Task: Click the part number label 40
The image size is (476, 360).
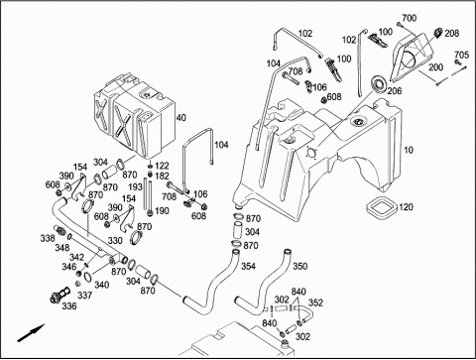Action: (x=181, y=118)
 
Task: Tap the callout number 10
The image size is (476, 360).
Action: (x=409, y=150)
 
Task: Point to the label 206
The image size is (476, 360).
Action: (x=395, y=91)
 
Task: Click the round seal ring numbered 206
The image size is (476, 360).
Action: (x=379, y=85)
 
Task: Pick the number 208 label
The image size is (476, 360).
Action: (x=452, y=33)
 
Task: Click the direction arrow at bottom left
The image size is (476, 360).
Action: (x=31, y=332)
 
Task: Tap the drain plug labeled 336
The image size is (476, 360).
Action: (x=59, y=294)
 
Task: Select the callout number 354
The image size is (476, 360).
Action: (x=248, y=266)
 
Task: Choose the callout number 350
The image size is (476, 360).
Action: (x=299, y=266)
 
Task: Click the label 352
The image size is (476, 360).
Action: (x=315, y=302)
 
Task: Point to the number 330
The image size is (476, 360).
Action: (x=115, y=241)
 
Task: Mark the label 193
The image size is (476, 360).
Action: (x=135, y=187)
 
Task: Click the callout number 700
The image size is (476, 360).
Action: (x=410, y=18)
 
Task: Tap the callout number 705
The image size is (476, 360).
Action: (x=461, y=55)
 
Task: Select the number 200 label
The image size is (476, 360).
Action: (x=436, y=67)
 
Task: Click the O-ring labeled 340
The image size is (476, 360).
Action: (x=88, y=277)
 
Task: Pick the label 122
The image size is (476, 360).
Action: (x=162, y=166)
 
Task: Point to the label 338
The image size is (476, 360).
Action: (x=48, y=238)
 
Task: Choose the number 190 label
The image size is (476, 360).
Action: (x=162, y=211)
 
